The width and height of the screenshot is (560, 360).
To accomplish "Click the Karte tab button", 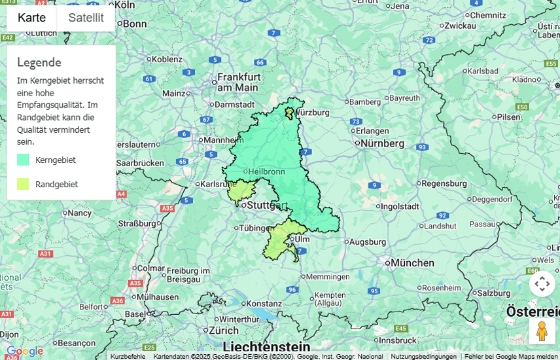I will [x=31, y=18].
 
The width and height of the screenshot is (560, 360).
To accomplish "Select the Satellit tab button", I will [x=86, y=18].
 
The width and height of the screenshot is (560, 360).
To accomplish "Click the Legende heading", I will [x=39, y=62].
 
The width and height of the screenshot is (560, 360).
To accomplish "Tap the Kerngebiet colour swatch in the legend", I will [x=23, y=160].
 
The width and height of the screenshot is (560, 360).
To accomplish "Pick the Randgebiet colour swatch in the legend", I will [x=23, y=184].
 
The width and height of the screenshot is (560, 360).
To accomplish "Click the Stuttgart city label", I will [x=267, y=206].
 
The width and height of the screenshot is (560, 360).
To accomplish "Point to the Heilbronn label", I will [x=266, y=171].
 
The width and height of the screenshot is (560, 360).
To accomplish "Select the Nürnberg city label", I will [x=382, y=143].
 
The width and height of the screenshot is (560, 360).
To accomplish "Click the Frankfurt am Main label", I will [x=239, y=82].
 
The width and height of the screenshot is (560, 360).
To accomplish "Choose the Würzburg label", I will [x=312, y=112].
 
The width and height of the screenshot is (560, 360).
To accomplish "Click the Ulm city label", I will [x=302, y=239].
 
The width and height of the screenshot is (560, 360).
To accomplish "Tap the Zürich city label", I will [x=224, y=331].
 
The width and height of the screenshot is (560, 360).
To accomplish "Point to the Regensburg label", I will [x=448, y=183].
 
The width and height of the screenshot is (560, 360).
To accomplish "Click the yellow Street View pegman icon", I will [x=541, y=331].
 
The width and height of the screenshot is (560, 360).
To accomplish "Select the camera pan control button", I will [x=542, y=284].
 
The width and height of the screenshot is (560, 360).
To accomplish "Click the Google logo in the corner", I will [x=25, y=351].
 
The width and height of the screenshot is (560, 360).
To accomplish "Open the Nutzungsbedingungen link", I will [x=423, y=356].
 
